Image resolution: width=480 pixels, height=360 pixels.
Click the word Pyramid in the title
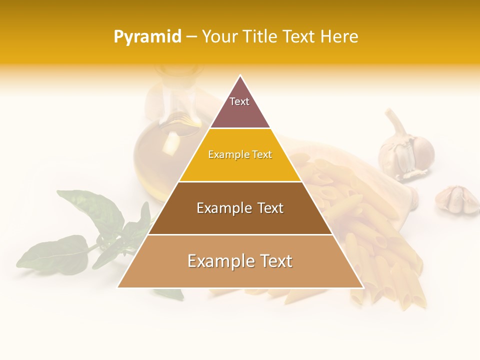tap(147, 37)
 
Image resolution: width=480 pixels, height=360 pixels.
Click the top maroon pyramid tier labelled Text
tap(239, 107)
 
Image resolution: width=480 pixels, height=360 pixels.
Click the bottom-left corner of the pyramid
tap(118, 287)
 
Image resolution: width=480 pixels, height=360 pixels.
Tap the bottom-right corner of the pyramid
tap(362, 287)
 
